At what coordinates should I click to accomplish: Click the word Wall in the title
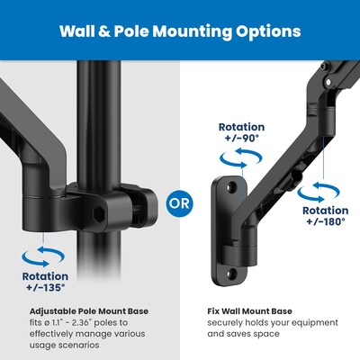(80, 31)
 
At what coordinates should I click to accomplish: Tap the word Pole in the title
(139, 31)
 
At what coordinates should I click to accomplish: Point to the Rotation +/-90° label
(241, 133)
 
